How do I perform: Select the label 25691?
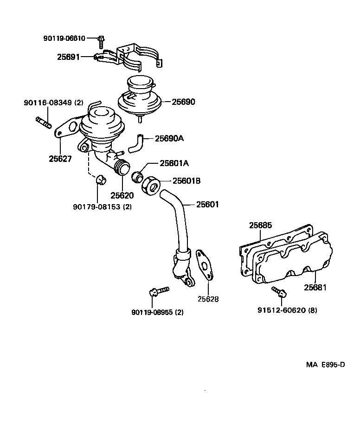coord(68,57)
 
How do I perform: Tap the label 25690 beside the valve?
coord(184,102)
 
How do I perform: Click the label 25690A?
coord(169,138)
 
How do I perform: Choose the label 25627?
coord(60,159)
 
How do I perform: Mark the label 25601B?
coord(186,180)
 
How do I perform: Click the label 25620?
coord(122,195)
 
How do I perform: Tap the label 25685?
coord(261,225)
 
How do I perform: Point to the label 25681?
coord(315,288)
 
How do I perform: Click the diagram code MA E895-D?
coord(325,364)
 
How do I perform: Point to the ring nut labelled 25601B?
coord(152,186)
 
